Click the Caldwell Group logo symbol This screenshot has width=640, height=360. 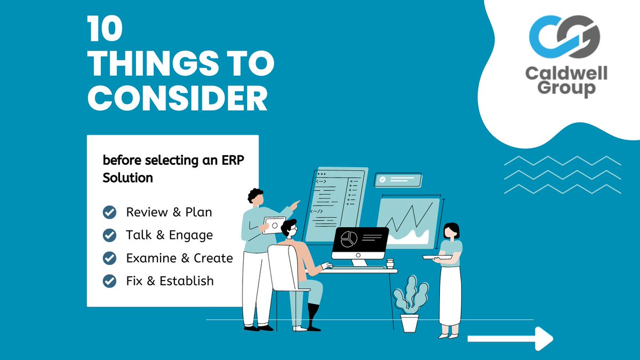(565, 39)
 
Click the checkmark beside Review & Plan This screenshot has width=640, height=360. (109, 212)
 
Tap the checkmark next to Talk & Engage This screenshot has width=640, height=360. (109, 235)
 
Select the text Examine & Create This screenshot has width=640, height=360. (179, 258)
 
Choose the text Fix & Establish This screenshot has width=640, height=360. (170, 281)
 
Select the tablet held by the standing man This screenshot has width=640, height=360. (273, 225)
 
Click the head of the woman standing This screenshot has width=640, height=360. (451, 230)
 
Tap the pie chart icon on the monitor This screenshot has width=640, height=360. (349, 238)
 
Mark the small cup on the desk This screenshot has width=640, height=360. (390, 263)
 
